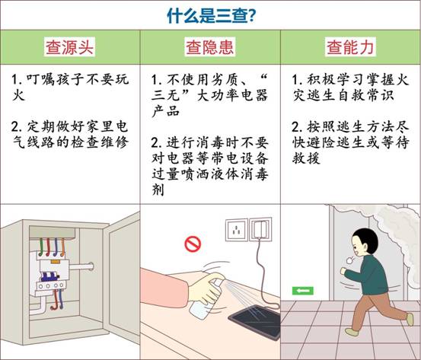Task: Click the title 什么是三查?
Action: tap(211, 15)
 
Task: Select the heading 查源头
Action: tap(69, 47)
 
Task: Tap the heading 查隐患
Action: tap(210, 47)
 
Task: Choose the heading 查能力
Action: tap(350, 47)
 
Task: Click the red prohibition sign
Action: tap(193, 244)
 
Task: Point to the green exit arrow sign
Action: tap(303, 291)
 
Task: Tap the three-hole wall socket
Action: tap(236, 230)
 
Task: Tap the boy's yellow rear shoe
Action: tap(410, 319)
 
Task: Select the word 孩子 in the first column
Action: tap(71, 79)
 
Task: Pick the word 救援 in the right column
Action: tap(306, 158)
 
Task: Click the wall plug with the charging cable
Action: tap(260, 229)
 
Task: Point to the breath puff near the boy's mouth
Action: tap(350, 260)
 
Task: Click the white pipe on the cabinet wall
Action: tap(81, 267)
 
